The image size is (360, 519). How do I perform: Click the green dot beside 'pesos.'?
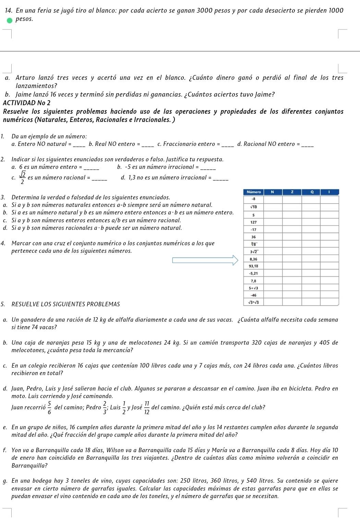pyautogui.click(x=11, y=20)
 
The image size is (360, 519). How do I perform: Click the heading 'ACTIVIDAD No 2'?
pyautogui.click(x=26, y=103)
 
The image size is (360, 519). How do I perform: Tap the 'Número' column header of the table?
pyautogui.click(x=254, y=192)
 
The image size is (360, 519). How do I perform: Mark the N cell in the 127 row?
pyautogui.click(x=273, y=222)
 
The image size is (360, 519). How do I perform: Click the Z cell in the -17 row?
pyautogui.click(x=292, y=230)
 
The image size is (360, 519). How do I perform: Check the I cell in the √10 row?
pyautogui.click(x=329, y=207)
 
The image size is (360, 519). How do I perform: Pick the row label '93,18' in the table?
pyautogui.click(x=254, y=266)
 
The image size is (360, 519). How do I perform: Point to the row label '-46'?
pyautogui.click(x=254, y=295)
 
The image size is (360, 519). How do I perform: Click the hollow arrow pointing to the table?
pyautogui.click(x=205, y=260)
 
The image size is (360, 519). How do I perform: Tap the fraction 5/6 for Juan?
pyautogui.click(x=50, y=408)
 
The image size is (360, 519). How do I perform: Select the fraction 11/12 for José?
pyautogui.click(x=147, y=408)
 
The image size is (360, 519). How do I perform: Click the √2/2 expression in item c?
pyautogui.click(x=22, y=178)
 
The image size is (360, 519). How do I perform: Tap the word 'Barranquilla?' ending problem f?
pyautogui.click(x=29, y=466)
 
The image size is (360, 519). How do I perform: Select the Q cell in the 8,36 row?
pyautogui.click(x=311, y=259)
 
